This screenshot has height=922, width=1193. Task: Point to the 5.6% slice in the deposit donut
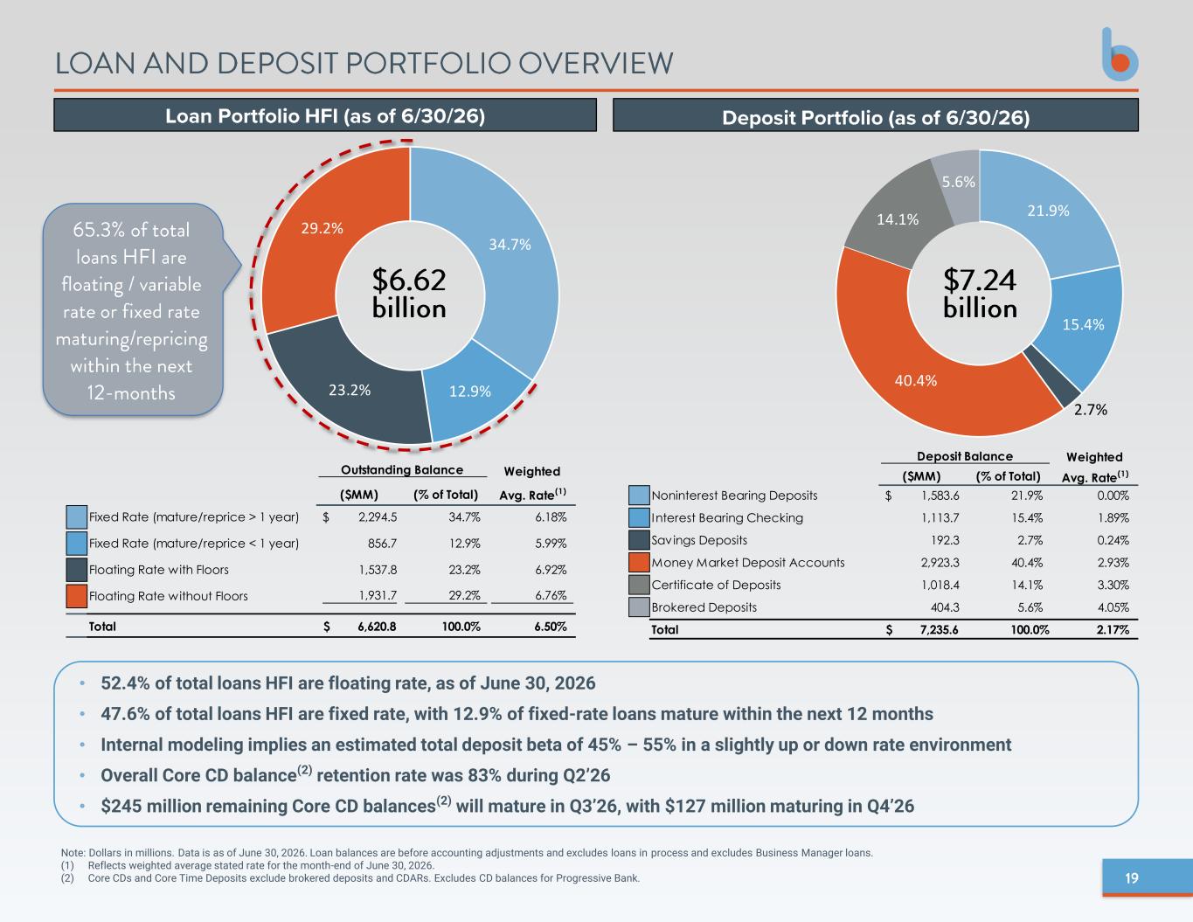958,184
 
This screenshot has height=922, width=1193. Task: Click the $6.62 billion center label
409,293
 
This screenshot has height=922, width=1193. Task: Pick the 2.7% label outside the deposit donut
1091,409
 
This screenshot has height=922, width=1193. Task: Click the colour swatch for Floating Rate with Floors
76,569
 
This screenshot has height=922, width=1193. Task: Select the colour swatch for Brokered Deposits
639,607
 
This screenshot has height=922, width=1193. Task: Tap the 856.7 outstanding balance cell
382,544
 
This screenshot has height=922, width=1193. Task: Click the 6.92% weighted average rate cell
551,570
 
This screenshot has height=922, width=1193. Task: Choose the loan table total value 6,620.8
377,627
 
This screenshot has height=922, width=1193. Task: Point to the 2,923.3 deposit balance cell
940,563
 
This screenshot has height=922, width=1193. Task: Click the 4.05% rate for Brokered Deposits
1113,607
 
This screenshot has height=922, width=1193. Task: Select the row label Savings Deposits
699,540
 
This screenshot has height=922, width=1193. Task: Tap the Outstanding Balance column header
402,470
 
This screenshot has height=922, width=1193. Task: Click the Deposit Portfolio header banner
875,115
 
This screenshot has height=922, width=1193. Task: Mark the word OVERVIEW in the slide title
596,63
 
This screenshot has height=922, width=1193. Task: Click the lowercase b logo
1120,55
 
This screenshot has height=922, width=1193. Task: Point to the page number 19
1132,878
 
